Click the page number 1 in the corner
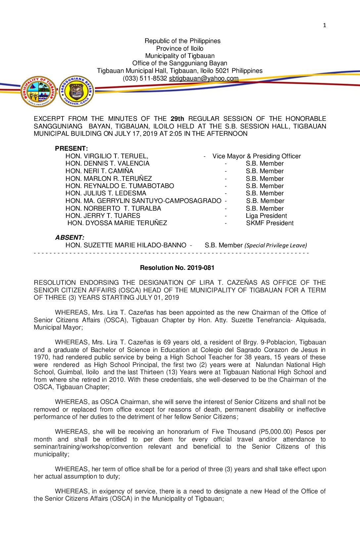(325, 25)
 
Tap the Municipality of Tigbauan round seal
(38, 91)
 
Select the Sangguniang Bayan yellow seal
(76, 91)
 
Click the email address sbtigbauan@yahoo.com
(203, 78)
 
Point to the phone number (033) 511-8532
(145, 78)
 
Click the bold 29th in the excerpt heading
(177, 119)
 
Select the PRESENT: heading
(71, 148)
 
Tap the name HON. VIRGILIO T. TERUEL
(107, 156)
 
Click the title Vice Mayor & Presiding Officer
(256, 156)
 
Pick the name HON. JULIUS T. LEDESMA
(106, 193)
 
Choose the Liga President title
(266, 216)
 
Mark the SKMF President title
(270, 223)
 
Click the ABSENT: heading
(69, 237)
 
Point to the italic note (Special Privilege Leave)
(276, 245)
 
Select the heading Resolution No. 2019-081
(177, 268)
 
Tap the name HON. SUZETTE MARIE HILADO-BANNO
(126, 245)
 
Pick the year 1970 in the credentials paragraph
(42, 357)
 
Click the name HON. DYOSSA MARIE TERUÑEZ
(117, 223)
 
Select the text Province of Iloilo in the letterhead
(180, 48)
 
